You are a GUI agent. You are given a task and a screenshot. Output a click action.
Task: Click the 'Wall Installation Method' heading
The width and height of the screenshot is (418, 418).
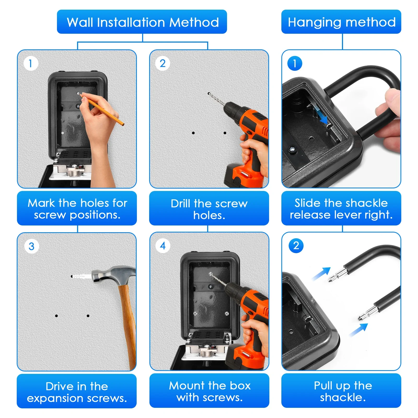tap(143, 22)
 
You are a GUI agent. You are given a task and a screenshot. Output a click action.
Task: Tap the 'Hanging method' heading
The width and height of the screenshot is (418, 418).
tap(342, 22)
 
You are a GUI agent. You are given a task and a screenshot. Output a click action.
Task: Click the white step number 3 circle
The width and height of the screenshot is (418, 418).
tap(32, 246)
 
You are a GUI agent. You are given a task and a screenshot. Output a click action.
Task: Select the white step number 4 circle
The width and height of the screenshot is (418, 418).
tap(163, 246)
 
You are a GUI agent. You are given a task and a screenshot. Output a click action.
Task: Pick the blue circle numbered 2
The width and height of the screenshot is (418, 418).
tap(296, 246)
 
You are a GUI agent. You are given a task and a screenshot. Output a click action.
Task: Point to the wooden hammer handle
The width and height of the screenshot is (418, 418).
tap(128, 327)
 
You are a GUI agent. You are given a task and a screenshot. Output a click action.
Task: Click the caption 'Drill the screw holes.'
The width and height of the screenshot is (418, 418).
tap(209, 209)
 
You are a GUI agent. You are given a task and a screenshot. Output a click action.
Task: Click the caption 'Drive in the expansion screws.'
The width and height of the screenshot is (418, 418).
tap(77, 392)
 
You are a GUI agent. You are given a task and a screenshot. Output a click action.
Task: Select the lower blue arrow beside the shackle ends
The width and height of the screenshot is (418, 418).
tap(358, 330)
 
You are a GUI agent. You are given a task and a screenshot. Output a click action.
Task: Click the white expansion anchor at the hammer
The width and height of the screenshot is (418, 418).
tap(82, 276)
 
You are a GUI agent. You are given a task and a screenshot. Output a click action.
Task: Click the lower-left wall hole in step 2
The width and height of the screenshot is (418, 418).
tap(193, 133)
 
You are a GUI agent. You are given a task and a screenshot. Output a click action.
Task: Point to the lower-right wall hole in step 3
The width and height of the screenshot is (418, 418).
tap(88, 316)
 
